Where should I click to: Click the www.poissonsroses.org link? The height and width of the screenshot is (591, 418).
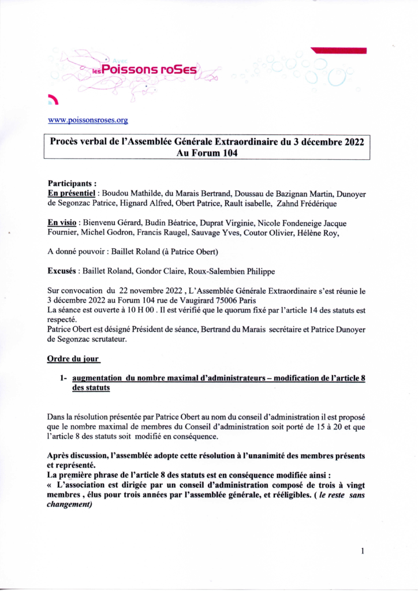pyautogui.click(x=87, y=121)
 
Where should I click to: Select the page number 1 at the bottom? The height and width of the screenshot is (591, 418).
pyautogui.click(x=362, y=551)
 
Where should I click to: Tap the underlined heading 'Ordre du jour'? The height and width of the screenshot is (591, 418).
pyautogui.click(x=73, y=358)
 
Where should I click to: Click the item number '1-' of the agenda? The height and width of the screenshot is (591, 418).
pyautogui.click(x=63, y=377)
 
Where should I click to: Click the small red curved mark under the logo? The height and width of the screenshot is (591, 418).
pyautogui.click(x=54, y=99)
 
